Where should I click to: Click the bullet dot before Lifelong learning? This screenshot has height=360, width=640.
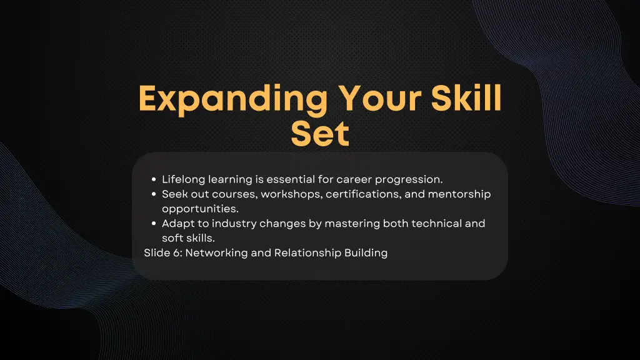(154, 180)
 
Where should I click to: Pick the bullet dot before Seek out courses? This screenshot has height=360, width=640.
(154, 194)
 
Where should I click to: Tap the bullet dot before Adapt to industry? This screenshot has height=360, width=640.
(154, 224)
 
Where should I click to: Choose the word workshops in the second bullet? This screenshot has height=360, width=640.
(291, 194)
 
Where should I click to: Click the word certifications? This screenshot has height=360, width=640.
(364, 194)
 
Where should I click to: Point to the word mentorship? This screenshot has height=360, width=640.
(459, 194)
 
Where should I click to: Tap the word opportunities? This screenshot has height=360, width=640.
(200, 209)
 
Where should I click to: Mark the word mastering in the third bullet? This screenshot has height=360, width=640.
(336, 223)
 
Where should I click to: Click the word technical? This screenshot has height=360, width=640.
(436, 223)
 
